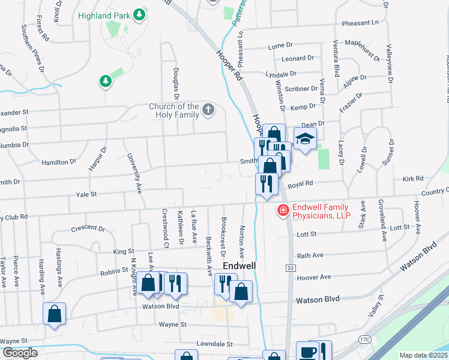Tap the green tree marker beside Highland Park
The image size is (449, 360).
(140, 13)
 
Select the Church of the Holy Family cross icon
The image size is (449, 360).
(208, 109)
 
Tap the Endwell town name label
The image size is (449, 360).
(240, 265)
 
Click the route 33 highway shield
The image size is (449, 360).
(290, 267)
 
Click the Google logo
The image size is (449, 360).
(19, 353)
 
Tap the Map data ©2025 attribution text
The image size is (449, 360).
(423, 355)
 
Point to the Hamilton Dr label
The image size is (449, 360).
(59, 162)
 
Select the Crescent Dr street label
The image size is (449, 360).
(88, 229)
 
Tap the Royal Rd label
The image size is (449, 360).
(300, 184)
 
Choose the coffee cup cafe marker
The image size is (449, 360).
(307, 352)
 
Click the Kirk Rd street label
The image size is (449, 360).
(413, 179)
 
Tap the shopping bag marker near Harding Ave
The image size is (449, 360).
(54, 313)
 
